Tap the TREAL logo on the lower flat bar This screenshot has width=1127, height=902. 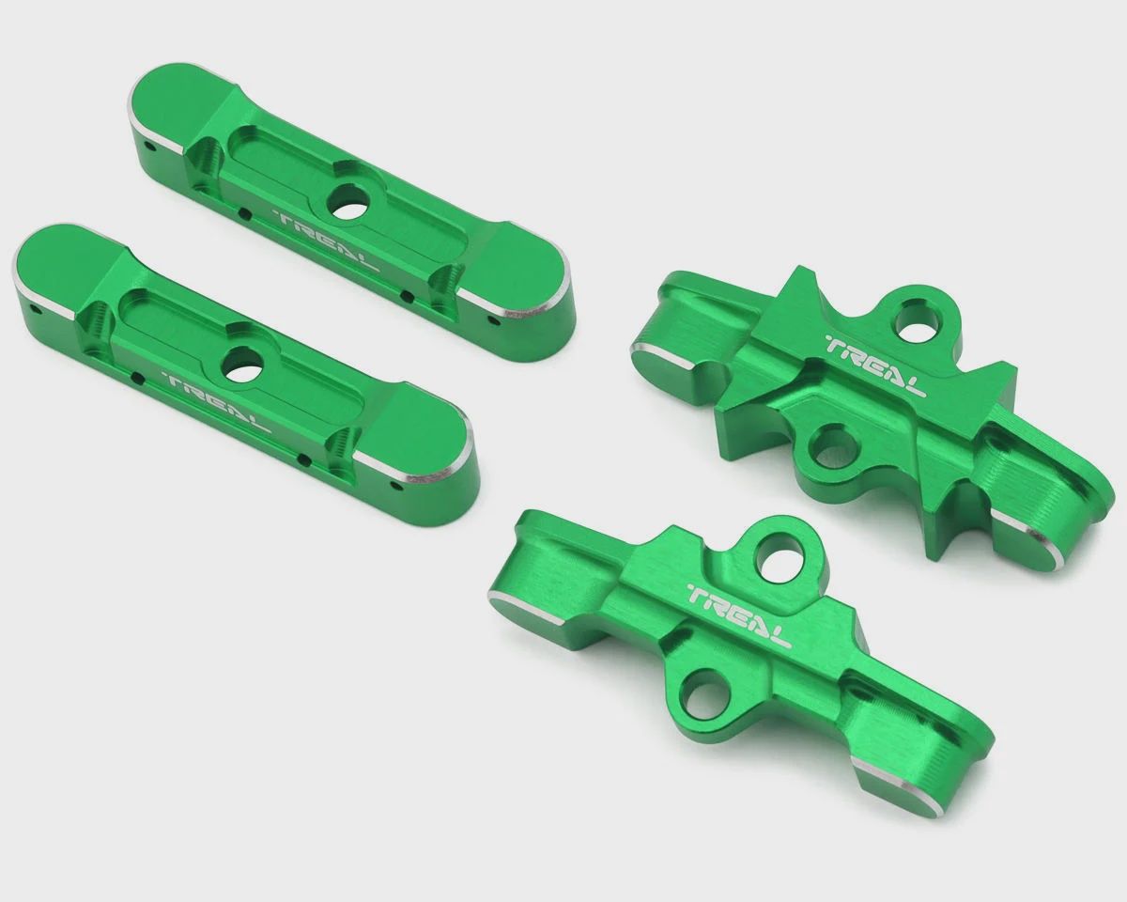216,401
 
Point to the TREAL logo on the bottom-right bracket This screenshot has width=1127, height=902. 738,614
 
